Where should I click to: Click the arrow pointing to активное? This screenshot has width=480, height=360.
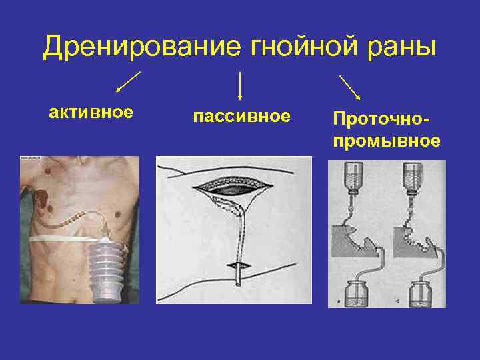[128, 81]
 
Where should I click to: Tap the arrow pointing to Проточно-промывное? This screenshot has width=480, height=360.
[350, 87]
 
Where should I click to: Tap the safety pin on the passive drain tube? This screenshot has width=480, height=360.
[239, 267]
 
